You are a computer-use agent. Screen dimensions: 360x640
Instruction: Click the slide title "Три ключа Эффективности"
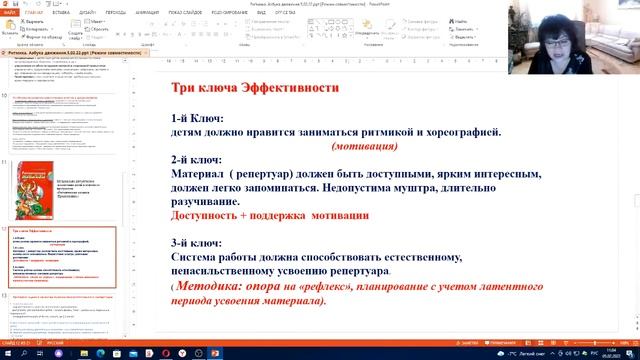pos(255,88)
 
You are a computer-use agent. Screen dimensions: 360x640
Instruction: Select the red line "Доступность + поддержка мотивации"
pos(270,214)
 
